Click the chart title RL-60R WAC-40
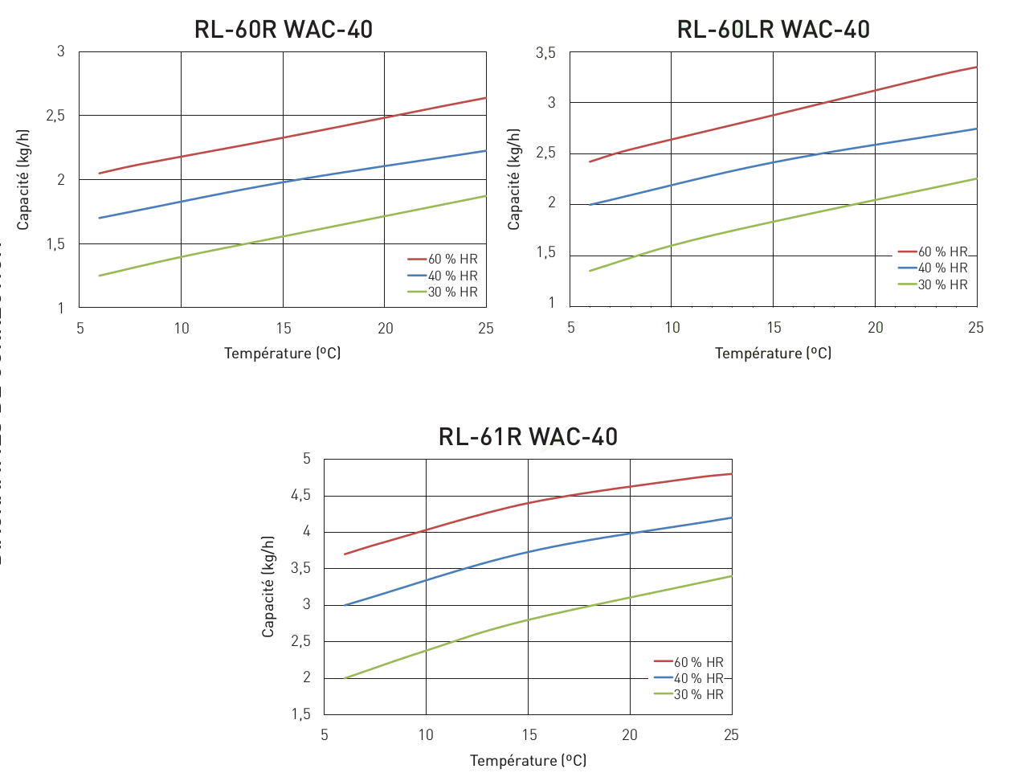284,30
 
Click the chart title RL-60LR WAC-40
774,30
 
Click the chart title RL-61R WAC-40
528,437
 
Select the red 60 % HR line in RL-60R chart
283,137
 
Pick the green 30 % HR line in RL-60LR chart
773,221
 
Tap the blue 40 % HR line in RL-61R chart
528,552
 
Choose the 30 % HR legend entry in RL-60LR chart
942,284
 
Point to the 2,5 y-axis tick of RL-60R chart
55,116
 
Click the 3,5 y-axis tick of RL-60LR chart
545,53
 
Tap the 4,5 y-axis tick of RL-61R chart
300,496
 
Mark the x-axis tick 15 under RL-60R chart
284,328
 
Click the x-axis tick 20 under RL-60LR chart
875,328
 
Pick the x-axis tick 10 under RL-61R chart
426,735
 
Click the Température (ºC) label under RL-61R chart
528,760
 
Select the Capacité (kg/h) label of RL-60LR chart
514,179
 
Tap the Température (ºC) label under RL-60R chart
283,353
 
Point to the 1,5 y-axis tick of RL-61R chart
300,714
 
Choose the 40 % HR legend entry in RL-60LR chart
942,268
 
